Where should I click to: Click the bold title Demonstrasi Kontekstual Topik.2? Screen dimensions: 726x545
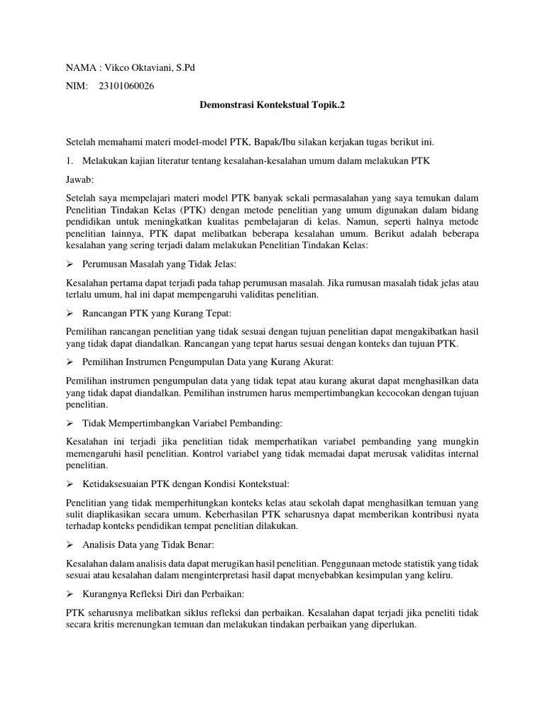(272, 105)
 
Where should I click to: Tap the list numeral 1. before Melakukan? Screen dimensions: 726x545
(70, 161)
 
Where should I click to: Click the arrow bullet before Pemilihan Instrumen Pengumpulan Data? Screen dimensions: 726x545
(70, 362)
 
